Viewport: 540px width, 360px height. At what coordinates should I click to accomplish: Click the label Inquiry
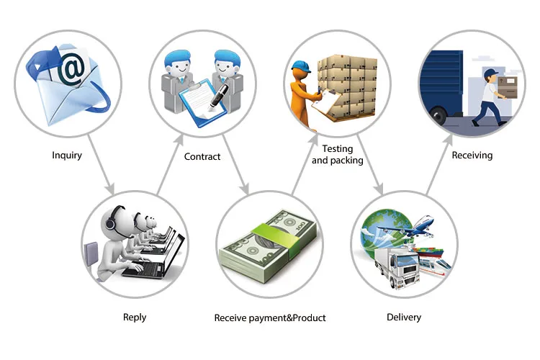(x=67, y=155)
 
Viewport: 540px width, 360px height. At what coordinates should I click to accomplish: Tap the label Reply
(x=134, y=318)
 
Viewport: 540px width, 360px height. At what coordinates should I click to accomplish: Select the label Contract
(x=202, y=156)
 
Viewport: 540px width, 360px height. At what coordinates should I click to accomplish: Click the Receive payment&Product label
(x=270, y=318)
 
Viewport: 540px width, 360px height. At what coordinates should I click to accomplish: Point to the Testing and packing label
(x=337, y=155)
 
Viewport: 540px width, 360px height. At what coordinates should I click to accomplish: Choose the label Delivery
(x=404, y=317)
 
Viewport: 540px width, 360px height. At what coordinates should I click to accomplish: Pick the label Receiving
(x=472, y=155)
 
